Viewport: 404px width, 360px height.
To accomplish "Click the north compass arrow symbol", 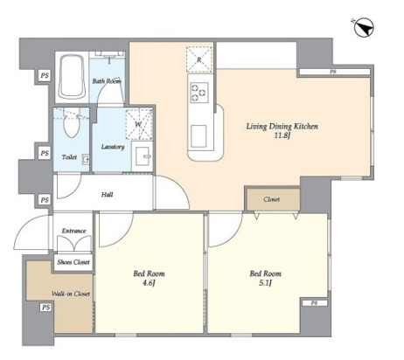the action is coord(363,27).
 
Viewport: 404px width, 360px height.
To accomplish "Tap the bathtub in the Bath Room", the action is coord(73,77).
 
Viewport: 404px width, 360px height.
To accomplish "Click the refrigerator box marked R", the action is coord(199,59).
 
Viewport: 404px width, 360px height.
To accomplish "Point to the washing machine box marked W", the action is coord(139,124).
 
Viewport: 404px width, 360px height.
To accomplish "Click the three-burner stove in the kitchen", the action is coord(199,93).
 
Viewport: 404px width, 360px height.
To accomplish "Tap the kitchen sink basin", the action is coord(199,136).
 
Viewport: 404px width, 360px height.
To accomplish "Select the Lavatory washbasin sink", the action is coord(142,156).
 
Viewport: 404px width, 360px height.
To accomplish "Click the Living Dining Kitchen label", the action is coord(282,127).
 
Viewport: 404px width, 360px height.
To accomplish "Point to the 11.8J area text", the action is coord(282,135).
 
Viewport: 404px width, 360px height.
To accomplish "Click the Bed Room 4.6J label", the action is coord(149,278).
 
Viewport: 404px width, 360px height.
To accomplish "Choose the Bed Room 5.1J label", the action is coord(266,278).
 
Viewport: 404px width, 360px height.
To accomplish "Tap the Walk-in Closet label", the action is coord(71,294).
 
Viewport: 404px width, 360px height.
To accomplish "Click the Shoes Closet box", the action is coord(73,262).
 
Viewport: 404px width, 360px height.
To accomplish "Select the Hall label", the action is coord(108,195).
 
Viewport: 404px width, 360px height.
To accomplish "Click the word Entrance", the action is coord(73,231).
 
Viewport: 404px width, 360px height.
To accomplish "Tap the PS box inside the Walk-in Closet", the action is coord(45,308).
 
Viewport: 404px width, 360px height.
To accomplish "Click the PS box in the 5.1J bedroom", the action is coord(314,303).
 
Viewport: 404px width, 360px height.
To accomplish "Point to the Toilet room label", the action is coord(69,157).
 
